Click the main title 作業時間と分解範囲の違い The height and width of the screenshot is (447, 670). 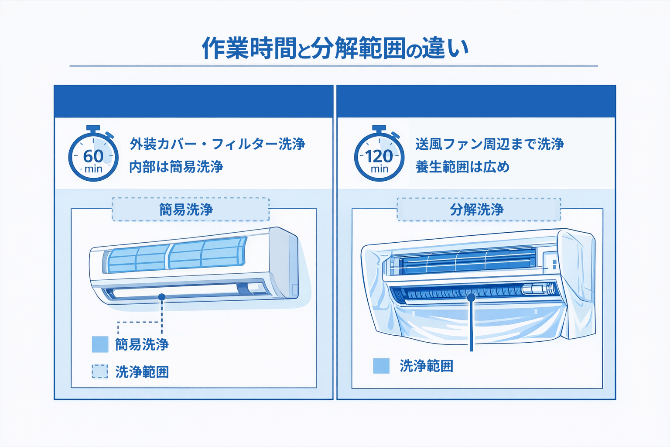[335, 48]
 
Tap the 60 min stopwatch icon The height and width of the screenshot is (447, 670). [93, 158]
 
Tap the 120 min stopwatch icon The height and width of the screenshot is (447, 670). [379, 158]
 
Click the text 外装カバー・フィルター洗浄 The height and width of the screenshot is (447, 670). [217, 144]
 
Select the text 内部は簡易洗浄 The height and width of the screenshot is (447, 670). [176, 167]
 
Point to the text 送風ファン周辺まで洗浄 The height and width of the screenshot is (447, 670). [489, 144]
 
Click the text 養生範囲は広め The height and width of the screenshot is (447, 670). [462, 167]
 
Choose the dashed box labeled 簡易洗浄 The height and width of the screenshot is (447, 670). [191, 210]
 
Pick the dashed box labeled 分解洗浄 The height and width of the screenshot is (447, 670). [479, 210]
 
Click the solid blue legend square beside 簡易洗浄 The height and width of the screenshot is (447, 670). [100, 344]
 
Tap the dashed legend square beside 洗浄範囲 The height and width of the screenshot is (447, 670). [100, 371]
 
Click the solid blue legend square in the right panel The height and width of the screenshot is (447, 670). [381, 366]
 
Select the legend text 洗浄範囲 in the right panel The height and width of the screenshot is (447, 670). [427, 366]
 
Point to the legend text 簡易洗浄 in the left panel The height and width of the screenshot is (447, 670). [142, 344]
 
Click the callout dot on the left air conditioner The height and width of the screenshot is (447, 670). [162, 297]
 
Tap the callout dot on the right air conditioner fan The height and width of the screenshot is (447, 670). [471, 297]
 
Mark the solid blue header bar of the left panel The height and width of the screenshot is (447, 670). [193, 101]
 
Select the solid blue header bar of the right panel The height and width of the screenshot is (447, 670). [476, 101]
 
